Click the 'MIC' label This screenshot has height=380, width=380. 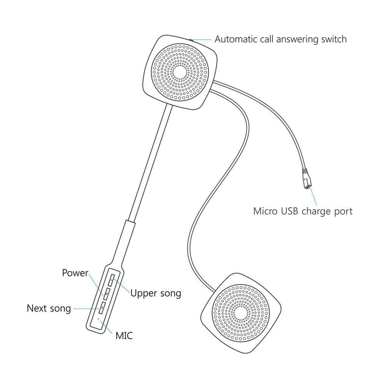pos(124,336)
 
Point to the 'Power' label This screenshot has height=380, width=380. pos(75,273)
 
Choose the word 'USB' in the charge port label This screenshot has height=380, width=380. pos(287,211)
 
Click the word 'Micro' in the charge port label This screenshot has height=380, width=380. pos(265,211)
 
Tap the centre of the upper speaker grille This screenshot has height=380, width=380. pos(180,72)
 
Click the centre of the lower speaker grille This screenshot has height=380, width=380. pos(240,313)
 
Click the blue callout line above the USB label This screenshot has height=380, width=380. pos(313,196)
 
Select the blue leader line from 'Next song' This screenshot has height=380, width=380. pos(85,308)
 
